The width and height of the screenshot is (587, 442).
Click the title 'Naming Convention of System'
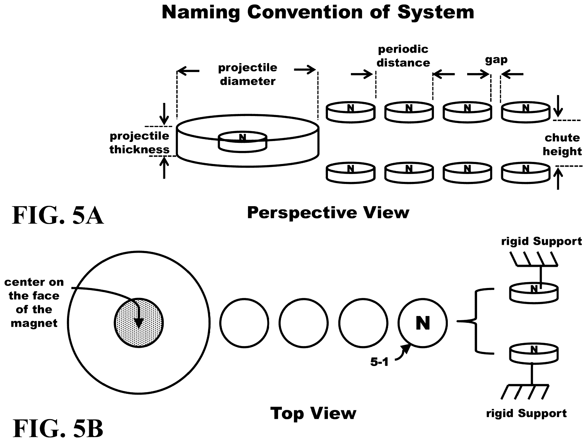[x=318, y=12]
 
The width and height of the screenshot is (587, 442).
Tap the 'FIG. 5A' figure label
[x=58, y=215]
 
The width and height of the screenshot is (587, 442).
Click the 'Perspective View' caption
[x=328, y=213]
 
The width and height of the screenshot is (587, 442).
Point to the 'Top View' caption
[x=313, y=414]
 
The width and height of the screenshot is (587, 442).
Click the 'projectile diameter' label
[x=248, y=74]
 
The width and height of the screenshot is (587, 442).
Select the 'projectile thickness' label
[x=140, y=143]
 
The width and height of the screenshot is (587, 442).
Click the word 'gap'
[x=496, y=60]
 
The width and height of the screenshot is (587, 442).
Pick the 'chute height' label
[x=562, y=145]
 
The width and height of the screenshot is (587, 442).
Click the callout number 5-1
[x=379, y=362]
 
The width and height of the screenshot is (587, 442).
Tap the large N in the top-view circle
[x=423, y=323]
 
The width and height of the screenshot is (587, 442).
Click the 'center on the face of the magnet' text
[x=34, y=302]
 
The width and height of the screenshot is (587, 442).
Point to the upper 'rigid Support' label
[x=541, y=241]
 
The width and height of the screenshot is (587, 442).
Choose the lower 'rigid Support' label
[x=526, y=413]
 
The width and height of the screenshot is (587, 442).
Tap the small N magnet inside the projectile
[x=242, y=142]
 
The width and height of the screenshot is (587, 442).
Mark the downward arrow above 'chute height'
[x=558, y=106]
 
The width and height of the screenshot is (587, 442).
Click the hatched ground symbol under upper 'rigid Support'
[x=534, y=259]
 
